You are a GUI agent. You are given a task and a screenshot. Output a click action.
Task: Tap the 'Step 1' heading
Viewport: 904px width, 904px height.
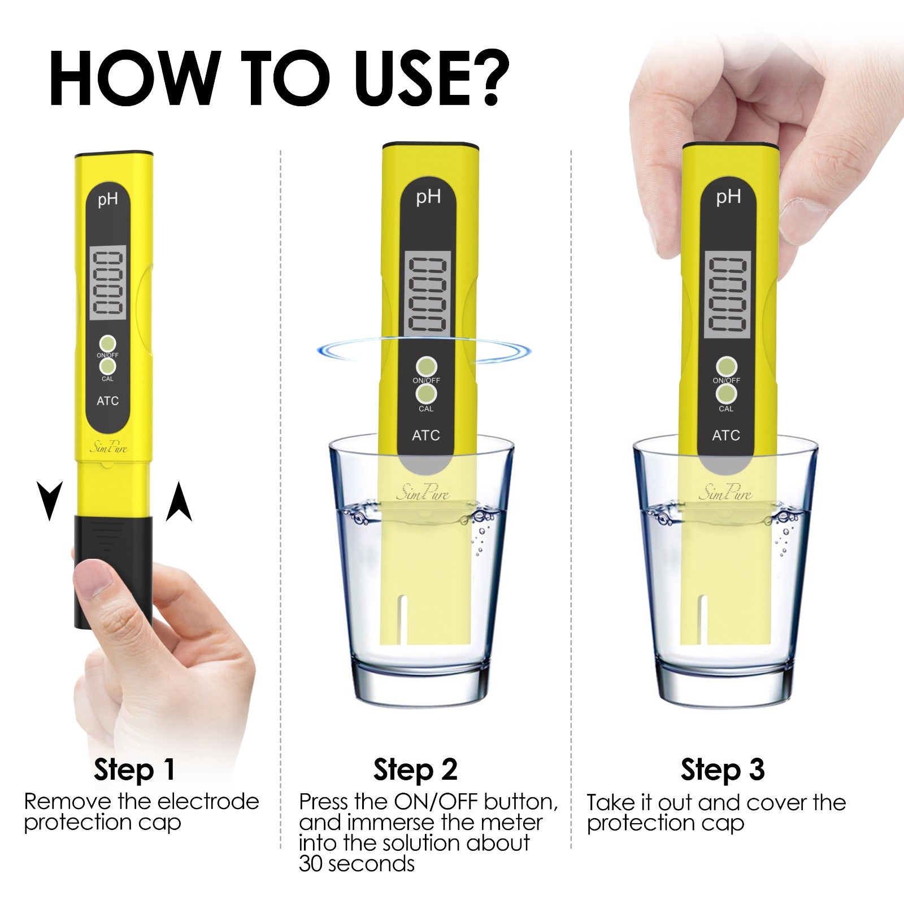[x=134, y=770]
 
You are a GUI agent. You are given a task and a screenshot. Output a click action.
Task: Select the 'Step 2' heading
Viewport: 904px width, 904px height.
[x=415, y=770]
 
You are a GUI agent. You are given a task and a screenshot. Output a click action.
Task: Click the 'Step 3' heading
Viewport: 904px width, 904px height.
[x=723, y=770]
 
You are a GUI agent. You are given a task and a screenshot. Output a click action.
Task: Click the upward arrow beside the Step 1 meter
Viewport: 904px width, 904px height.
[x=179, y=502]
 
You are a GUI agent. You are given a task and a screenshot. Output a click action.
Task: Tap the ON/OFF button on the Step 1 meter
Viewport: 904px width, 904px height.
[x=107, y=343]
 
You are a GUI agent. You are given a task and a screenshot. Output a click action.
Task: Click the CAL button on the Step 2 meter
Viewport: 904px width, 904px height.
[x=427, y=393]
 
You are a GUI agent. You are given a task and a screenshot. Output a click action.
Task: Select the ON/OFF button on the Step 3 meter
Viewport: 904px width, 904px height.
[x=726, y=366]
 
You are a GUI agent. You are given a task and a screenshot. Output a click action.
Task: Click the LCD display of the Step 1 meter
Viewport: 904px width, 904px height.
[x=108, y=282]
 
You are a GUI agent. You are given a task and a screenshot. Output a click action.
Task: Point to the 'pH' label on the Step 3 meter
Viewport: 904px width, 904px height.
[x=728, y=197]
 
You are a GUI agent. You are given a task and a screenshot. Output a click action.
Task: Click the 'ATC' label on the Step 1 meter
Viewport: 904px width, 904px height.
[x=107, y=401]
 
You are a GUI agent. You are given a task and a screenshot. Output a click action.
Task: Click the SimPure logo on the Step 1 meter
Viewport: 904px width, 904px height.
[x=108, y=448]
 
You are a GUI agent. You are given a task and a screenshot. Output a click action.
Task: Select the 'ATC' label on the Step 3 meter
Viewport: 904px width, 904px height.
[x=726, y=436]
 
